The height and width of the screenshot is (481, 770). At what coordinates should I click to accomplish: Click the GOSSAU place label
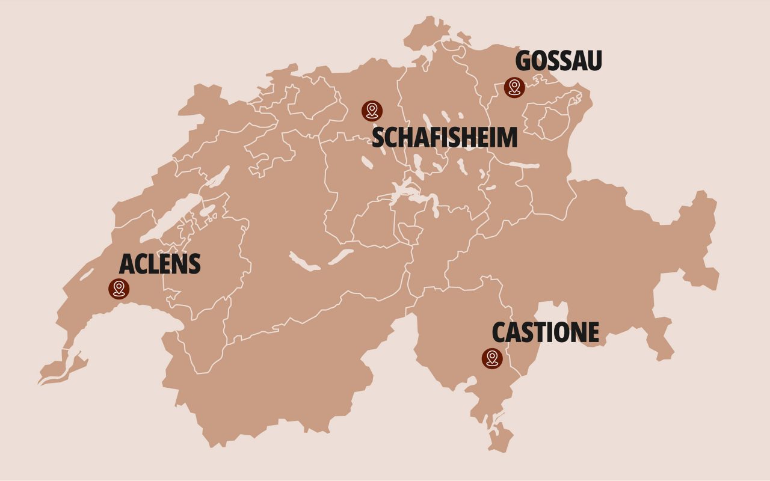click(x=559, y=61)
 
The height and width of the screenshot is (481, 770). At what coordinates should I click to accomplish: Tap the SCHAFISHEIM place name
click(x=445, y=138)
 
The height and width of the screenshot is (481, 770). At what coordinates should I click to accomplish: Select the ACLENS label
click(x=159, y=264)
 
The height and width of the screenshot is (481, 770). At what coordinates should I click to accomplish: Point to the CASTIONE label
click(x=546, y=332)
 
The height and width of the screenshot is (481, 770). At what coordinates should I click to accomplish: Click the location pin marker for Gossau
click(x=514, y=88)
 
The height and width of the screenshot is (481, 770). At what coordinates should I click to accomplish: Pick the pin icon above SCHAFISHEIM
click(x=372, y=110)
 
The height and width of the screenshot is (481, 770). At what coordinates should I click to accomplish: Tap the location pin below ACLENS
click(x=119, y=288)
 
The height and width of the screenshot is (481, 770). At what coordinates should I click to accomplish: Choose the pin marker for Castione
click(x=492, y=358)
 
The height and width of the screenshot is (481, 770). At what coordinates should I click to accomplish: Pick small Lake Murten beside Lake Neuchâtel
click(x=207, y=210)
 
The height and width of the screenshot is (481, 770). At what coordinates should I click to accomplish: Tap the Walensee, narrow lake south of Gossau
click(x=523, y=165)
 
